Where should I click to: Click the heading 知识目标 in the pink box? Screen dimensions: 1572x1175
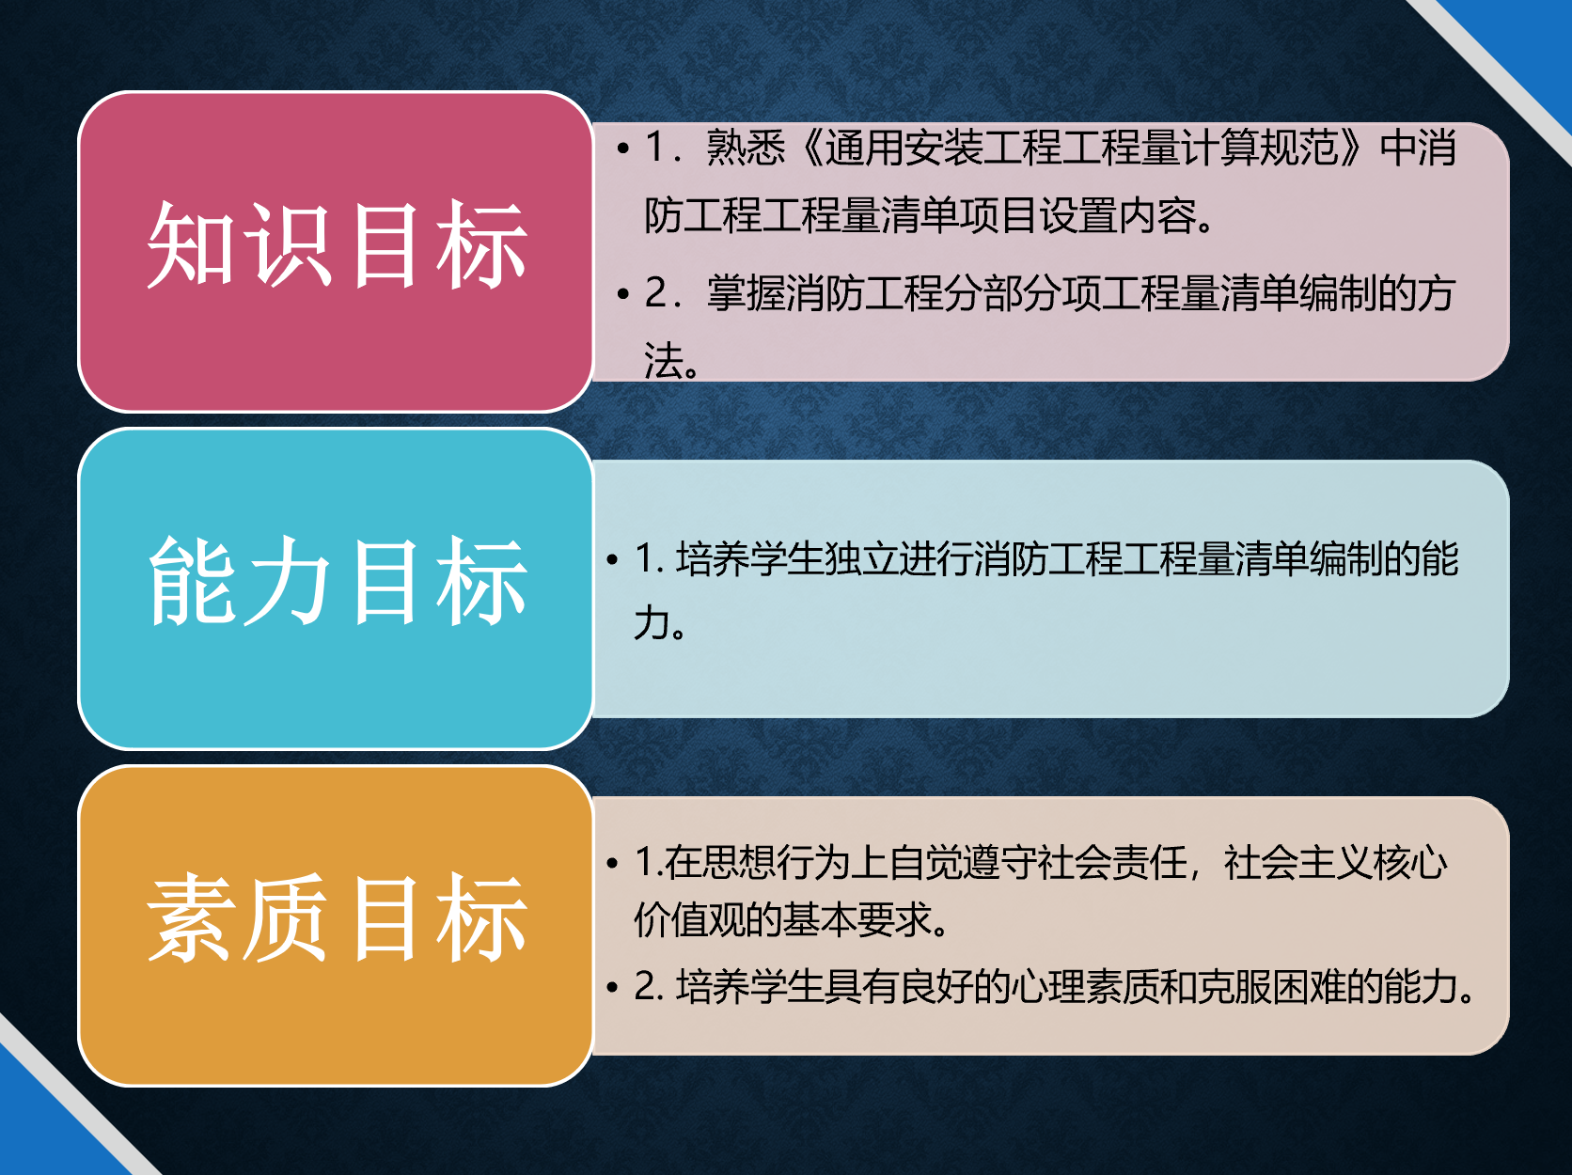(x=338, y=245)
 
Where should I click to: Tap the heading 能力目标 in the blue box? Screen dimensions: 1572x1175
(x=338, y=582)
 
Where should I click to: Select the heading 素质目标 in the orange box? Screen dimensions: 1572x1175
(x=338, y=918)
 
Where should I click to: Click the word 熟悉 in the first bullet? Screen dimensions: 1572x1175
(x=746, y=149)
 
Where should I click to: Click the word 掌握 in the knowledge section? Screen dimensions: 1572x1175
(x=746, y=293)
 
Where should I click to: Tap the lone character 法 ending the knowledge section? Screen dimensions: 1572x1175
(x=663, y=360)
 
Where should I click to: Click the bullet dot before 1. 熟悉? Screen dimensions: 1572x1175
(x=623, y=149)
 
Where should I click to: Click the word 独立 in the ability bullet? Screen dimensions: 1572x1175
(x=861, y=559)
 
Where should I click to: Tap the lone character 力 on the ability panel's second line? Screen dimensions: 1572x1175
(x=652, y=622)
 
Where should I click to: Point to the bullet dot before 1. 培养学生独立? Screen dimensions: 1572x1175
(x=612, y=559)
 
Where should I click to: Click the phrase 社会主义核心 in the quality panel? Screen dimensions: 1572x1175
(x=1336, y=862)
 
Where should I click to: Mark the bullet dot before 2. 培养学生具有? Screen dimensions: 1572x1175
(x=612, y=987)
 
